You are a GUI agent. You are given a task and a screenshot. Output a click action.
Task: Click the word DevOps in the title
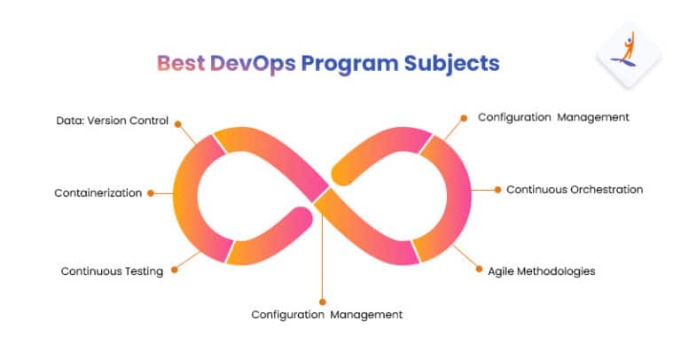pyautogui.click(x=253, y=64)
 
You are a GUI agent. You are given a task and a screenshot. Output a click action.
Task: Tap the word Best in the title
pyautogui.click(x=181, y=63)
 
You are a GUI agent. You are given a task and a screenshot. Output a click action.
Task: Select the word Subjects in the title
pyautogui.click(x=451, y=64)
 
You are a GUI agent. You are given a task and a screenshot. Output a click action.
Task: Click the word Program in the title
pyautogui.click(x=349, y=64)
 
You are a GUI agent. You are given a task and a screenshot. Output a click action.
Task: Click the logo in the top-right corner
pyautogui.click(x=628, y=54)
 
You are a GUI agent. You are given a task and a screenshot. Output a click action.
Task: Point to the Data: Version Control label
pyautogui.click(x=112, y=121)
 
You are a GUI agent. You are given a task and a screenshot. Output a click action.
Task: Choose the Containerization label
pyautogui.click(x=98, y=192)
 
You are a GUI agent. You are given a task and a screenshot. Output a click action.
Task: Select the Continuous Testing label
pyautogui.click(x=112, y=271)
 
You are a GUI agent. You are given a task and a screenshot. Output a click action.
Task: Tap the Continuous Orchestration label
pyautogui.click(x=575, y=190)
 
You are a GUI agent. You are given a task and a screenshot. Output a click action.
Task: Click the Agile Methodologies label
pyautogui.click(x=541, y=271)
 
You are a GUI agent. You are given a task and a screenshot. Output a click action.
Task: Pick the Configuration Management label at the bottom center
pyautogui.click(x=326, y=315)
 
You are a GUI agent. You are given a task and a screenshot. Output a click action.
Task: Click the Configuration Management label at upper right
pyautogui.click(x=553, y=117)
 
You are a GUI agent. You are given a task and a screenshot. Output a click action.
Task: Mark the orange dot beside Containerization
pyautogui.click(x=151, y=193)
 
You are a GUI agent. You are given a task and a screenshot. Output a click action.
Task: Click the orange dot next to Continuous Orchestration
pyautogui.click(x=497, y=190)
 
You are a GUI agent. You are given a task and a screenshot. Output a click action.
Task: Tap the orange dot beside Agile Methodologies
pyautogui.click(x=479, y=270)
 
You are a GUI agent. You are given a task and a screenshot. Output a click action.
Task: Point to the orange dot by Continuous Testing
pyautogui.click(x=174, y=270)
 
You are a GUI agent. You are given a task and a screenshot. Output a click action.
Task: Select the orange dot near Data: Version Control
pyautogui.click(x=177, y=124)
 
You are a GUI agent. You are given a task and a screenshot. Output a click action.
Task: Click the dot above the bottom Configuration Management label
pyautogui.click(x=322, y=301)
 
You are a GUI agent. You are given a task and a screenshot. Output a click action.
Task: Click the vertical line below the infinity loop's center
pyautogui.click(x=322, y=254)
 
